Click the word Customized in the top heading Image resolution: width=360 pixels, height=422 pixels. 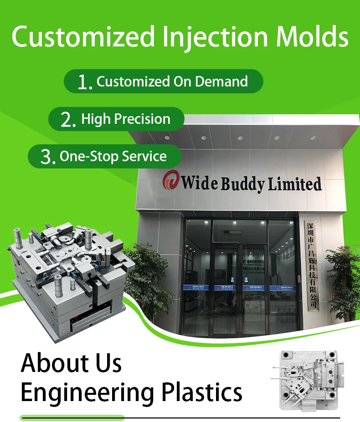tap(82, 37)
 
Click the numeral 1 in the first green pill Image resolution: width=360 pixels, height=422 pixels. tap(83, 82)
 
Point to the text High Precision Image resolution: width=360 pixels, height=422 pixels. tap(126, 119)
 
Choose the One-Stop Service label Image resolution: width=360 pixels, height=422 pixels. tap(113, 157)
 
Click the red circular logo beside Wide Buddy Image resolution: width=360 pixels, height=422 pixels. tap(170, 180)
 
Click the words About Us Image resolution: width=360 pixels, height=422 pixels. tap(72, 363)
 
